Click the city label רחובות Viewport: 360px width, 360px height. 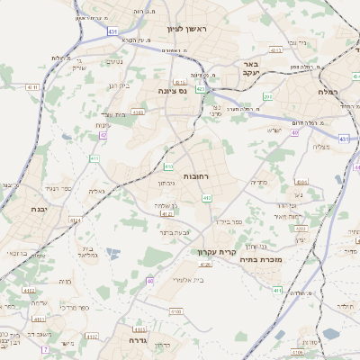coord(195,176)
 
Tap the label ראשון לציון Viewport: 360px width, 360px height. coord(186,30)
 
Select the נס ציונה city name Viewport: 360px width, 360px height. coord(172,91)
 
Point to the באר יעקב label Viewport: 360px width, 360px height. coord(251,69)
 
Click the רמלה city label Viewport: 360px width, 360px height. coord(328,92)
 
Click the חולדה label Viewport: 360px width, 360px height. coord(345,305)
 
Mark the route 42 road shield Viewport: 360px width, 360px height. coord(103,135)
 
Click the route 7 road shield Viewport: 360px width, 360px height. coord(44,349)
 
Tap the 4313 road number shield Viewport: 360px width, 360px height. coord(276,51)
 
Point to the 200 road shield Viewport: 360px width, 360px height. coord(268,95)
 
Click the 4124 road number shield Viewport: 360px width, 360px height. coord(75,220)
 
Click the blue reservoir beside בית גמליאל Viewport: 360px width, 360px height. coord(112,253)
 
